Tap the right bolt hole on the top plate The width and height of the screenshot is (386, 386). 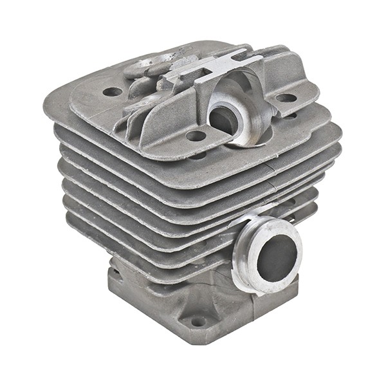286,98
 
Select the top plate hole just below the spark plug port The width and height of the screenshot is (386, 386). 196,136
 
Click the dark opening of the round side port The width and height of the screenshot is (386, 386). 277,253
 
